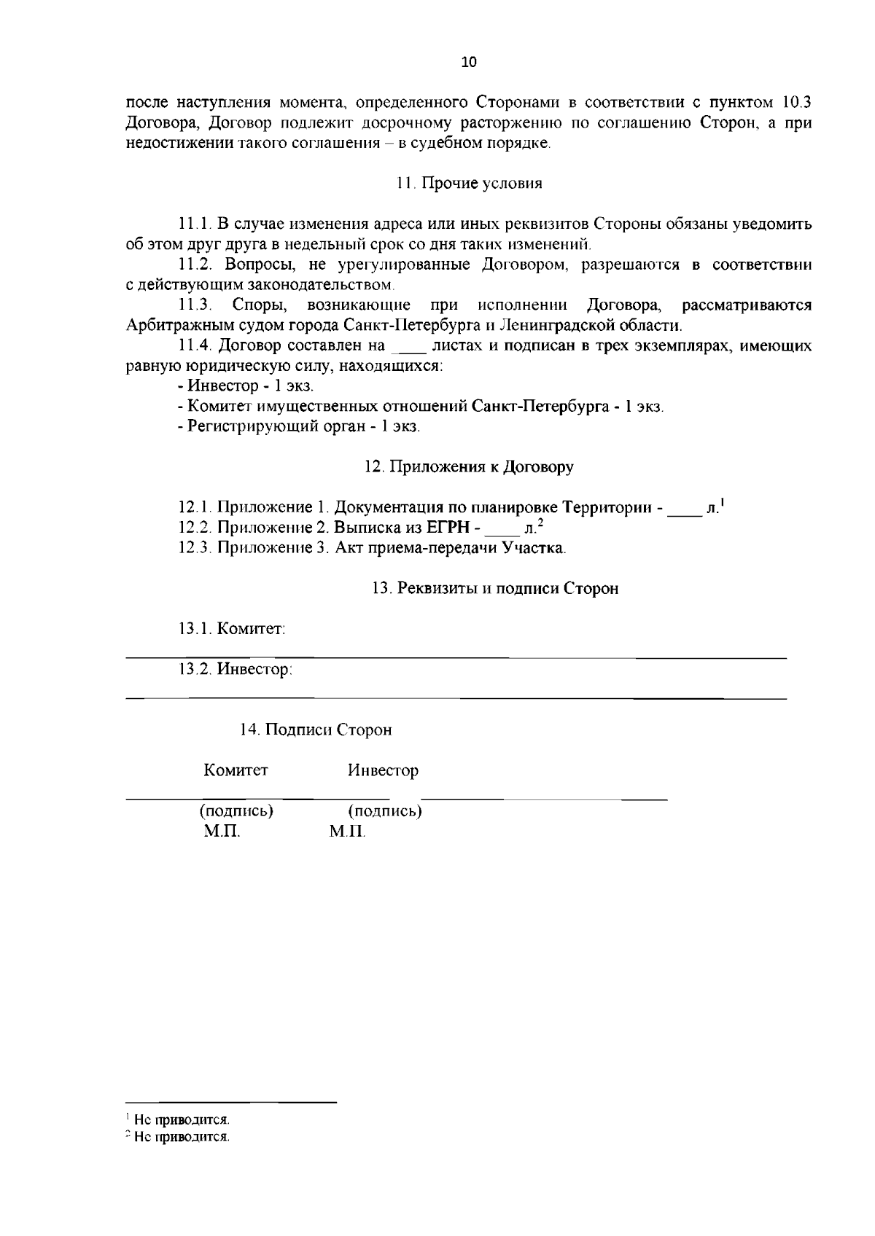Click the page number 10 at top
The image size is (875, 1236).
(x=468, y=63)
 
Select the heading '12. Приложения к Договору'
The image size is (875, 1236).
(x=469, y=467)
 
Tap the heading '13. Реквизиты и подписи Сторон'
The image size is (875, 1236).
(x=495, y=589)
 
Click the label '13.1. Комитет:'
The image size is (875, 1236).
(x=232, y=629)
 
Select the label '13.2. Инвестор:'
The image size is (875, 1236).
(x=235, y=669)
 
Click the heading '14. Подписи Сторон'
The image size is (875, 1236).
(x=316, y=730)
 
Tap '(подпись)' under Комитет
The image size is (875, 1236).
(x=236, y=811)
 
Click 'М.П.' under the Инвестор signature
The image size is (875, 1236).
(x=347, y=832)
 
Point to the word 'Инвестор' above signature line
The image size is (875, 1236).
(x=383, y=770)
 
